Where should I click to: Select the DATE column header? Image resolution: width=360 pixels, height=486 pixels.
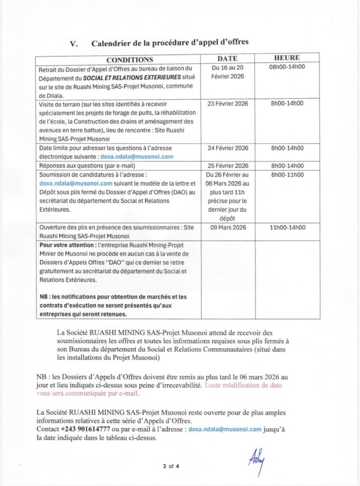[227, 58]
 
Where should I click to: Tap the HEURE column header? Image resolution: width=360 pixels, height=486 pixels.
[286, 58]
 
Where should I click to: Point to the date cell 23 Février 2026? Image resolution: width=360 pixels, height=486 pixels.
[228, 103]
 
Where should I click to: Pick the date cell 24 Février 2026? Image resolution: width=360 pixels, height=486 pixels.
[228, 148]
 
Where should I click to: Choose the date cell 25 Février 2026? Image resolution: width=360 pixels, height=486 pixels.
[228, 166]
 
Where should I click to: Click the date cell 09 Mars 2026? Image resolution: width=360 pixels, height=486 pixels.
[228, 227]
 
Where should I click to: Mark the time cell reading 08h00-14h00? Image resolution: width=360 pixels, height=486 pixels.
[286, 66]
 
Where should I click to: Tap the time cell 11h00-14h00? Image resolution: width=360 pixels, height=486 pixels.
[286, 227]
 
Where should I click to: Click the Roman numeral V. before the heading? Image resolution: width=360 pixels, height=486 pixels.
[74, 43]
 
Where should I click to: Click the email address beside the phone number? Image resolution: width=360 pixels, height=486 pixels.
[225, 429]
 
